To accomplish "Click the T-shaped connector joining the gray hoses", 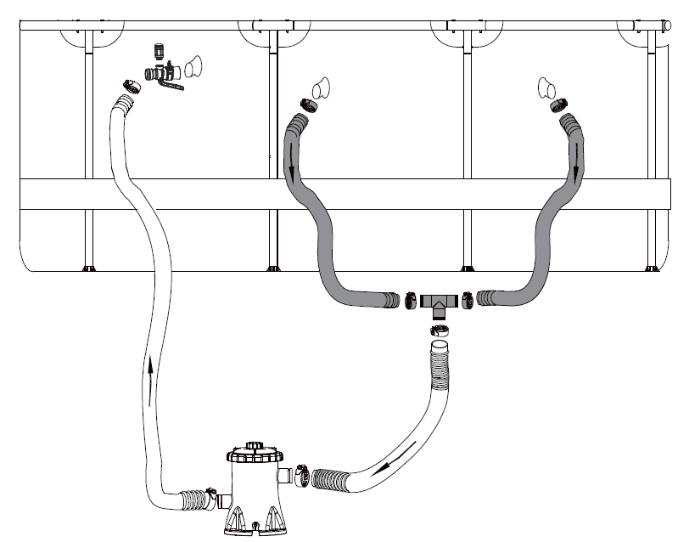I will point(439,301).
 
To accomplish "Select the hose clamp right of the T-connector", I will point(468,299).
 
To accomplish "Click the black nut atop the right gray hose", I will point(559,105).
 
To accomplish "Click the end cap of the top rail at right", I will point(666,25).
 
